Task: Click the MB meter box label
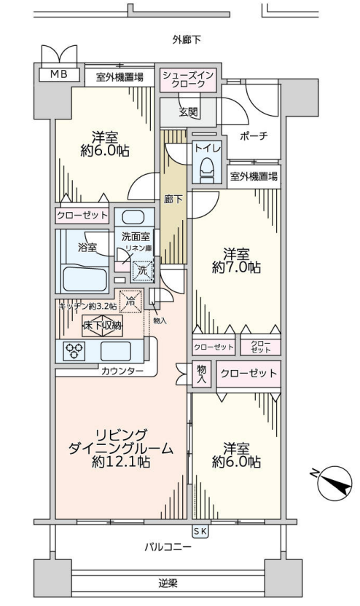pyautogui.click(x=59, y=74)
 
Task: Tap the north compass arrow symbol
pyautogui.click(x=332, y=483)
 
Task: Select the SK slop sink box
pyautogui.click(x=200, y=532)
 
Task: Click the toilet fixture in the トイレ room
pyautogui.click(x=208, y=170)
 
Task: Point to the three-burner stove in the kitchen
pyautogui.click(x=74, y=351)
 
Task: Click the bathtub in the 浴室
pyautogui.click(x=85, y=279)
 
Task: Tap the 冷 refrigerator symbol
pyautogui.click(x=130, y=301)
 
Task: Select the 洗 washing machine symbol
pyautogui.click(x=142, y=271)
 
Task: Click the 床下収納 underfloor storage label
pyautogui.click(x=103, y=326)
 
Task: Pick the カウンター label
pyautogui.click(x=122, y=371)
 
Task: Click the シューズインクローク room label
pyautogui.click(x=188, y=79)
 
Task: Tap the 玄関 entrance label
pyautogui.click(x=188, y=111)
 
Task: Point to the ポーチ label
pyautogui.click(x=254, y=136)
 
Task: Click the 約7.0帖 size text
pyautogui.click(x=236, y=267)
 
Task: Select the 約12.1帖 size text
pyautogui.click(x=121, y=462)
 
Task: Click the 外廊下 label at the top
pyautogui.click(x=187, y=39)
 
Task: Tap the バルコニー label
pyautogui.click(x=168, y=547)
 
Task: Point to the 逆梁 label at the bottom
pyautogui.click(x=168, y=583)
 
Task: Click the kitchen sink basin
pyautogui.click(x=116, y=351)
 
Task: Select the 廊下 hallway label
pyautogui.click(x=173, y=200)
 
